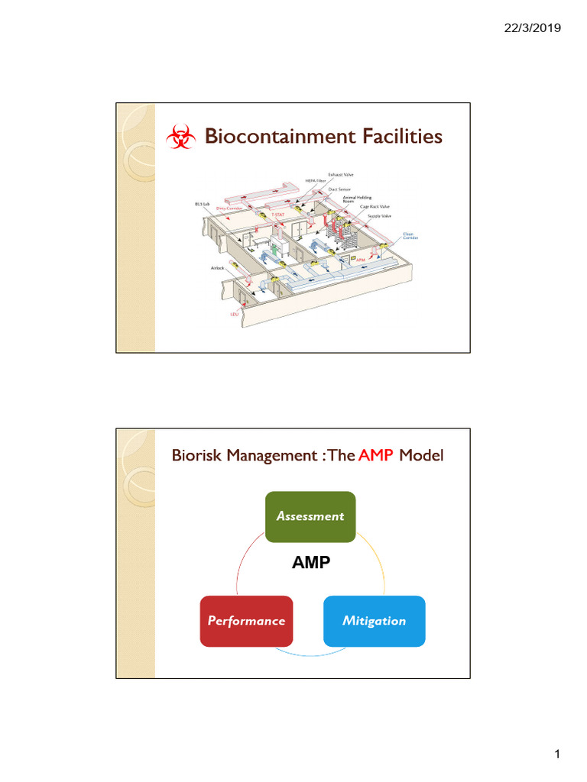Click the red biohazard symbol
[x=180, y=138]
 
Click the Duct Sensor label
[x=339, y=189]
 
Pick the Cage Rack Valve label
[x=375, y=206]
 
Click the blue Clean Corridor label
[x=410, y=236]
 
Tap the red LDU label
[x=235, y=313]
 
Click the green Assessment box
[x=310, y=516]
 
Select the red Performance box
[x=246, y=621]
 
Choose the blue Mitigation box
[x=374, y=621]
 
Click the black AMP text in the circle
[x=311, y=563]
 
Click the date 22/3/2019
[x=533, y=28]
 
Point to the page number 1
[x=558, y=755]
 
